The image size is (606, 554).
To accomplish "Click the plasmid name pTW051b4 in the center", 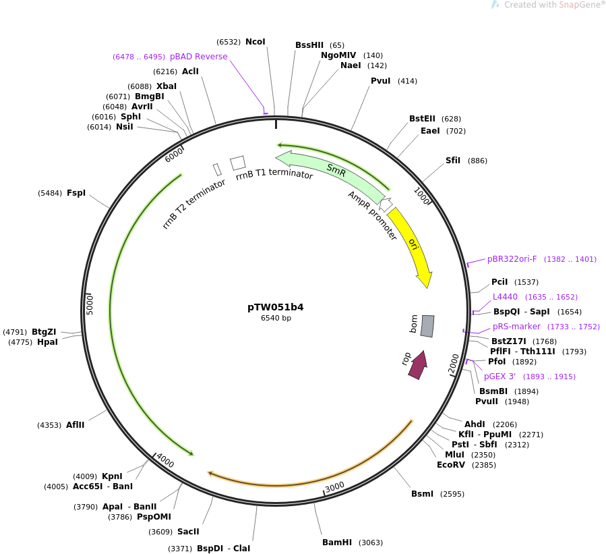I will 275,307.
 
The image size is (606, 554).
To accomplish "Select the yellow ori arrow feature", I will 412,244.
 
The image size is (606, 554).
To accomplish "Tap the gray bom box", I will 427,326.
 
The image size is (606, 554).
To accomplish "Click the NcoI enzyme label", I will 255,42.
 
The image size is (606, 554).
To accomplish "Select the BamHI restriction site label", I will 337,543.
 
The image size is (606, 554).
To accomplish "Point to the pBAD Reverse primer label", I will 198,57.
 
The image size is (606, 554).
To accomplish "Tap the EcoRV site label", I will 451,465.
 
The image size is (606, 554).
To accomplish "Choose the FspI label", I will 76,193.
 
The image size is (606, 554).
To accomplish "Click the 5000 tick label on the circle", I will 90,304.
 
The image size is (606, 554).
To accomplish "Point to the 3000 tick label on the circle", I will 334,487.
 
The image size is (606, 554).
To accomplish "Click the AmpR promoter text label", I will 372,215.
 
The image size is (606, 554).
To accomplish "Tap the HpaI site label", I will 47,342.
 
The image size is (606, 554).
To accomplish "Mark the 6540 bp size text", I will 276,318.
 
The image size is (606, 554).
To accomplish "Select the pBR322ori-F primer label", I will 512,259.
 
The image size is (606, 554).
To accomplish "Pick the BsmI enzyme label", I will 423,494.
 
